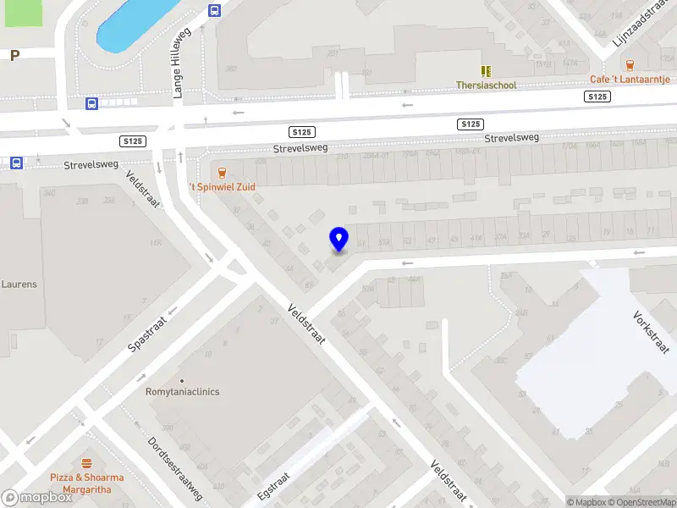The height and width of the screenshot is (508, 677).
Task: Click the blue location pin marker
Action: coord(339,240)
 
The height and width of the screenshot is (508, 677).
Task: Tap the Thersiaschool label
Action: coord(486,86)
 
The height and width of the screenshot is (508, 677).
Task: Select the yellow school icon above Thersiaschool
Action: coord(486,71)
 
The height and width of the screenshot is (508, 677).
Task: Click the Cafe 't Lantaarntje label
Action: coord(630,80)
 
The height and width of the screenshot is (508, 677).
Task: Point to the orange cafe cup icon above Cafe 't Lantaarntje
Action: coord(630,64)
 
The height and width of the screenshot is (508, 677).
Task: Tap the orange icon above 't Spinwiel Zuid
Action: coord(222,171)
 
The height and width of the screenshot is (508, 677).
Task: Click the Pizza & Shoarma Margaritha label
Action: coord(86,483)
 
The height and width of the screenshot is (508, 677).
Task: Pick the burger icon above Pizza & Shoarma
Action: coord(86,463)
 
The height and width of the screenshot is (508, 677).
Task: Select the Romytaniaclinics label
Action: coord(183,392)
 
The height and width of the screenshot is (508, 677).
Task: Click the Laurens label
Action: coord(19,284)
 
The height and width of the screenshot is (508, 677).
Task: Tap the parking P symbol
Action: coord(14,56)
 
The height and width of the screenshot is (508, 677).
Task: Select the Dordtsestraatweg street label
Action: coord(175,467)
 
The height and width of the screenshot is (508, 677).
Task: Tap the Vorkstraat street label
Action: coord(651,332)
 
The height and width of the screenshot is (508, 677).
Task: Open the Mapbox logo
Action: coord(37,498)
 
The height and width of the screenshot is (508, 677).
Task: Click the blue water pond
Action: coord(135,24)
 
